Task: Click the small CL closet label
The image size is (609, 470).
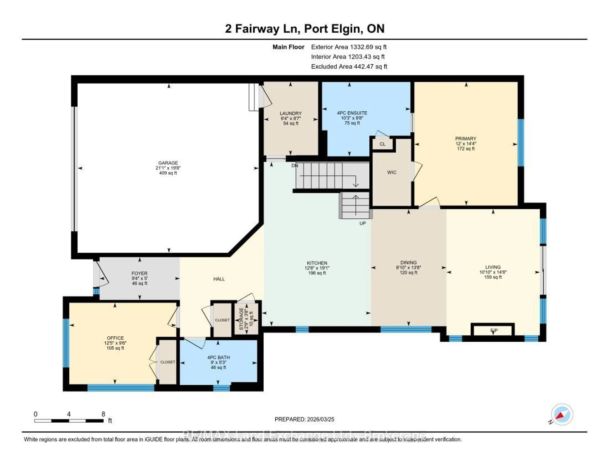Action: tap(382, 144)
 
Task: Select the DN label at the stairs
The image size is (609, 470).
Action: tap(295, 166)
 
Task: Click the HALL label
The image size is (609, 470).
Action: tap(219, 279)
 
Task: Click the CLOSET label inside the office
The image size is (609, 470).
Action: tap(168, 362)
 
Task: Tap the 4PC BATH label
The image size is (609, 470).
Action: tap(218, 357)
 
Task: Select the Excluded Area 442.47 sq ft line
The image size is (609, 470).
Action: tap(349, 67)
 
